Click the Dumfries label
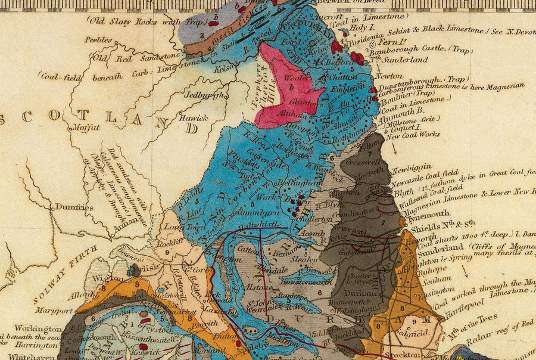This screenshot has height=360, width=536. (x=74, y=207)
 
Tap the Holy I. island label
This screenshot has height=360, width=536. (x=359, y=27)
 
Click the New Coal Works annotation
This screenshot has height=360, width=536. (x=413, y=135)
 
